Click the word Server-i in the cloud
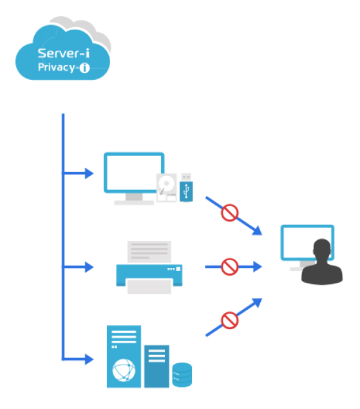(63, 53)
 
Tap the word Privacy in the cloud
(56, 68)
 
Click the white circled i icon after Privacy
(84, 68)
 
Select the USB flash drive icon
(186, 187)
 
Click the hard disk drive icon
(166, 188)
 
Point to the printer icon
(149, 267)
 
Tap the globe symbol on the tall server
(124, 370)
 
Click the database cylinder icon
(182, 375)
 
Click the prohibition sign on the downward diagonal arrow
(229, 213)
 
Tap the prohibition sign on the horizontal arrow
(229, 267)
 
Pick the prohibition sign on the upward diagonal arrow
(229, 320)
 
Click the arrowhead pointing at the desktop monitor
(90, 173)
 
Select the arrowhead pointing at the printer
(90, 267)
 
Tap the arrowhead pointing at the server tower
(90, 359)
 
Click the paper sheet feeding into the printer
(149, 251)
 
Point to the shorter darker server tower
(156, 366)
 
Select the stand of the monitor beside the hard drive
(134, 199)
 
